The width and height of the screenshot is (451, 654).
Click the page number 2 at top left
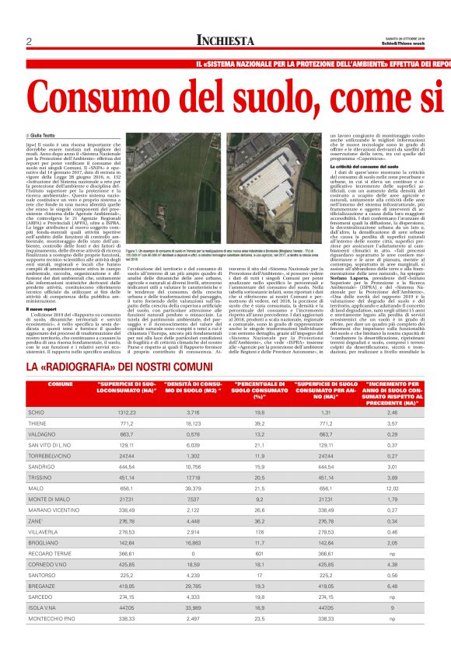(x=28, y=41)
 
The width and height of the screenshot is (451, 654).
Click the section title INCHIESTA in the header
(x=226, y=41)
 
